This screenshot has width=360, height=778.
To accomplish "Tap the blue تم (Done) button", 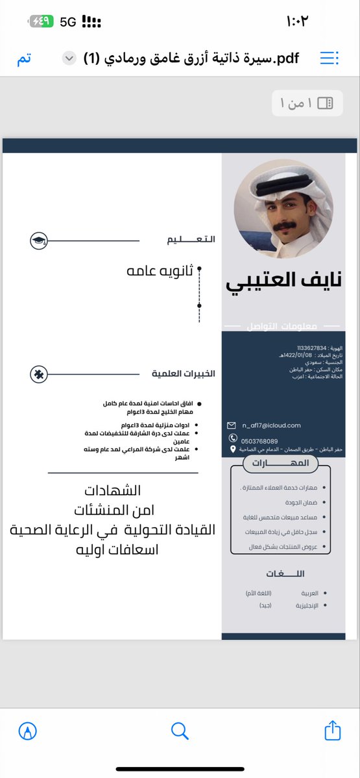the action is [23, 59].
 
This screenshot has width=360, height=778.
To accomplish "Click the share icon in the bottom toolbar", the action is [332, 730].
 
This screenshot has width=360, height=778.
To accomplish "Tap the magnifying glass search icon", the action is [180, 731].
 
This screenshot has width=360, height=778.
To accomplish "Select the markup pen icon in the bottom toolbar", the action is [28, 731].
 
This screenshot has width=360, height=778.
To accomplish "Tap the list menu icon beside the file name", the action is [330, 59].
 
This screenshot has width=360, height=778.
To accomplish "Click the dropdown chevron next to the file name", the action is [68, 59].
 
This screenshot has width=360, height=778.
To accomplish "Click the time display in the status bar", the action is [296, 21].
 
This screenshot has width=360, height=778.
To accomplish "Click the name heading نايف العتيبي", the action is [283, 281].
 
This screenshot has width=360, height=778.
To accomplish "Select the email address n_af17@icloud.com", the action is [271, 425].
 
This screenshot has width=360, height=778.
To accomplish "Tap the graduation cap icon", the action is [39, 241].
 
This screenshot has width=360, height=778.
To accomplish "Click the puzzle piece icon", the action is [39, 374].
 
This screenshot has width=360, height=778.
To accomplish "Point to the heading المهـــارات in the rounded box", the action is [280, 464].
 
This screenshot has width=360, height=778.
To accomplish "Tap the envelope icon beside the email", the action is [232, 425].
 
